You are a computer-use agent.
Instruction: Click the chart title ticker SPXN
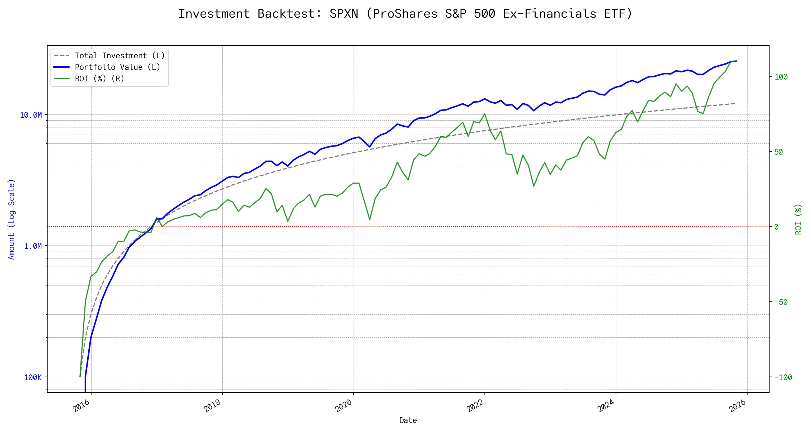click(x=344, y=14)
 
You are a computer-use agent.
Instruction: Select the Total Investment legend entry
click(x=119, y=56)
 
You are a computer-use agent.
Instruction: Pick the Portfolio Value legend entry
click(x=117, y=67)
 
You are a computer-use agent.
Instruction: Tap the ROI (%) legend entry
click(x=99, y=79)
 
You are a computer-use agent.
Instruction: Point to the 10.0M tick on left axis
click(x=31, y=115)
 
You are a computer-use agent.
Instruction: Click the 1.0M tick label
click(x=33, y=246)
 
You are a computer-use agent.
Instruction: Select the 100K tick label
click(x=33, y=377)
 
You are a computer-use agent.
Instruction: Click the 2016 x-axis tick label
click(x=81, y=406)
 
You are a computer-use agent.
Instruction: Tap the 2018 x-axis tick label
click(x=213, y=406)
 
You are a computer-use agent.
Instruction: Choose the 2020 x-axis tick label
click(x=344, y=406)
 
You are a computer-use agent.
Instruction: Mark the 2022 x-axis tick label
click(x=475, y=406)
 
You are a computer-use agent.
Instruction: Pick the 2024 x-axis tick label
click(x=606, y=406)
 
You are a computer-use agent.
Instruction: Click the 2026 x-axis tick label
click(x=737, y=406)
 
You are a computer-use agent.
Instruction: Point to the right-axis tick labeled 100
click(x=781, y=77)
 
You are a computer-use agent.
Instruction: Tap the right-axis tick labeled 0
click(x=776, y=227)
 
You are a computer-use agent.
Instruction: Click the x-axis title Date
click(x=408, y=420)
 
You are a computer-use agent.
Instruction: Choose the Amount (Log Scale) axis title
click(x=12, y=219)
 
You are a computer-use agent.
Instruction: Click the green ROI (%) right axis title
click(x=798, y=219)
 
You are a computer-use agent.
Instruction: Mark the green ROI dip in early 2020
click(x=370, y=219)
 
